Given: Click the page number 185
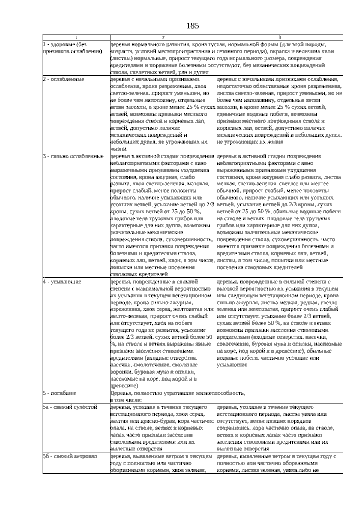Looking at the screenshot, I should pyautogui.click(x=193, y=26).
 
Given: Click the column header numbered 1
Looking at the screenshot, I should pyautogui.click(x=76, y=38).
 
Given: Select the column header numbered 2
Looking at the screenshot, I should pyautogui.click(x=163, y=38).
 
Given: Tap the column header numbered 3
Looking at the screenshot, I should pyautogui.click(x=280, y=38).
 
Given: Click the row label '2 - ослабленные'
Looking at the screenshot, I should pyautogui.click(x=64, y=79).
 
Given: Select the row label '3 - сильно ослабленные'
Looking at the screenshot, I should pyautogui.click(x=73, y=156).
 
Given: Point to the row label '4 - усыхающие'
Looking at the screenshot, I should pyautogui.click(x=62, y=282).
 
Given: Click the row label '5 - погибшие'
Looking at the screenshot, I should pyautogui.click(x=60, y=393).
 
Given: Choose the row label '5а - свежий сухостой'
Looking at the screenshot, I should pyautogui.click(x=70, y=407).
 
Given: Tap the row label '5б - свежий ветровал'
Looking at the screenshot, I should pyautogui.click(x=70, y=456).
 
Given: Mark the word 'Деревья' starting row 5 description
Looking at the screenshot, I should pyautogui.click(x=120, y=393).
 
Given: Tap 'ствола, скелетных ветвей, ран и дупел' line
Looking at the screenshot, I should pyautogui.click(x=160, y=72).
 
